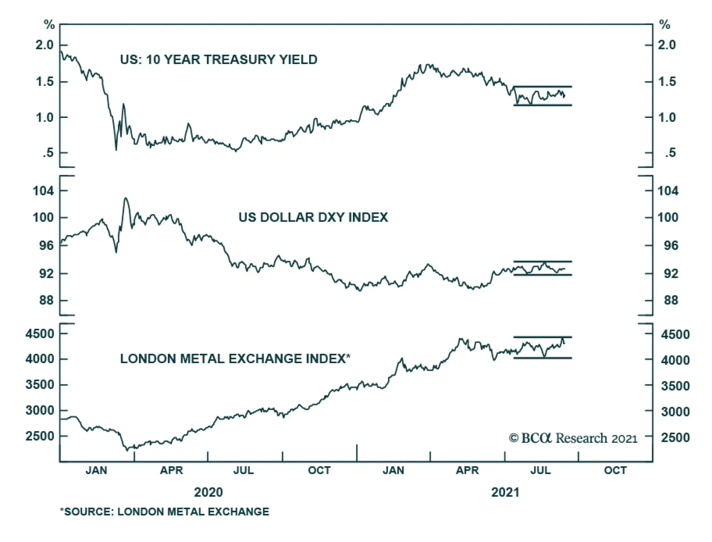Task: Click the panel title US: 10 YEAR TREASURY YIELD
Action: (218, 60)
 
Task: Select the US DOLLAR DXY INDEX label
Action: (313, 217)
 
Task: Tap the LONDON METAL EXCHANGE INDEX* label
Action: (235, 359)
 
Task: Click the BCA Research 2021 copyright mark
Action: (573, 438)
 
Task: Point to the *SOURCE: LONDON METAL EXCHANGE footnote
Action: (165, 512)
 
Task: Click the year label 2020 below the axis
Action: (208, 492)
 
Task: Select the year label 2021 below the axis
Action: (505, 492)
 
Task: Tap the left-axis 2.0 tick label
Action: (44, 45)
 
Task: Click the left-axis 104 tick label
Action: (43, 191)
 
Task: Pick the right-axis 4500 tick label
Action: (675, 335)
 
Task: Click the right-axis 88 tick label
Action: (671, 300)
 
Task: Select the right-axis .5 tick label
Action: (670, 153)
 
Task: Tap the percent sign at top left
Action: (49, 25)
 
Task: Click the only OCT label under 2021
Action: (615, 470)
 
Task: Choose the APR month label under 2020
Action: (171, 470)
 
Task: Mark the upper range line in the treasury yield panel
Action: (542, 87)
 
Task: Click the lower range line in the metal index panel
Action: (542, 358)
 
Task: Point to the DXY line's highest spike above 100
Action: (126, 198)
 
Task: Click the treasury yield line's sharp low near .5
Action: (116, 150)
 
